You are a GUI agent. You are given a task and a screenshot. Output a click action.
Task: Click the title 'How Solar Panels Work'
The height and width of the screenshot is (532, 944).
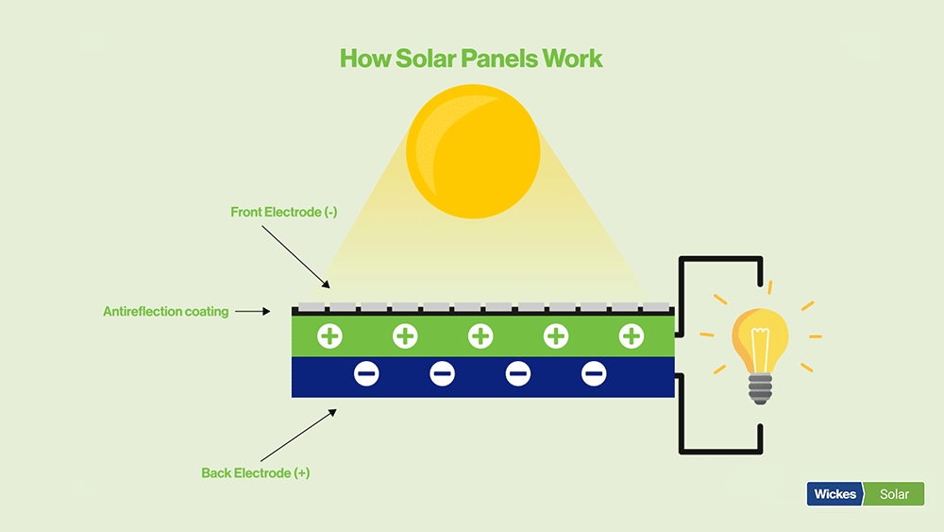(x=471, y=59)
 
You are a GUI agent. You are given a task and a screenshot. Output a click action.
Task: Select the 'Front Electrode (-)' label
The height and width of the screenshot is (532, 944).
(x=284, y=213)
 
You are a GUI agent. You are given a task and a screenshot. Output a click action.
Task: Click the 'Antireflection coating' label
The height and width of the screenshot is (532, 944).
(x=166, y=311)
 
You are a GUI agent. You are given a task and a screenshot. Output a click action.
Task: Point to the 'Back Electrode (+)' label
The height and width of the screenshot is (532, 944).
(x=256, y=472)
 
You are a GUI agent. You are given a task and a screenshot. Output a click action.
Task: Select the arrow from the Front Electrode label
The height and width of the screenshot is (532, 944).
(x=295, y=255)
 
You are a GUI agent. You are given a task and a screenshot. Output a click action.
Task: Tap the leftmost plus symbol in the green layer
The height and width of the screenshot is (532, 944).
(x=329, y=335)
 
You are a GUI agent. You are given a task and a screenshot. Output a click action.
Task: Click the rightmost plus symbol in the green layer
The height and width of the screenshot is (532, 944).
(x=631, y=335)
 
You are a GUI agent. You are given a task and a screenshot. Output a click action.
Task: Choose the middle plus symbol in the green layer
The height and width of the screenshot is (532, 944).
(x=480, y=335)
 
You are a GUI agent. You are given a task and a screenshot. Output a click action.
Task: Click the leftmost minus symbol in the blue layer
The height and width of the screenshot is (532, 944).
(x=366, y=375)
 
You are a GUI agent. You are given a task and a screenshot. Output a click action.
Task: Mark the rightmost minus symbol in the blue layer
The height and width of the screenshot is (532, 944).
(x=594, y=375)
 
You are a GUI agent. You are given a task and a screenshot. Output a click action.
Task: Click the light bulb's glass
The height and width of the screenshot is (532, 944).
(x=761, y=338)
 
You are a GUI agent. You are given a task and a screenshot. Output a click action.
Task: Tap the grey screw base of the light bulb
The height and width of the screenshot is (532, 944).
(x=761, y=387)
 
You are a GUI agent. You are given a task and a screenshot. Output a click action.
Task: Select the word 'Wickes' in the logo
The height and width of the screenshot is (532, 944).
(x=834, y=494)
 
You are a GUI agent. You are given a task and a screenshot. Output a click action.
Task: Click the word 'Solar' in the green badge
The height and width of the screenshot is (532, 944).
(x=894, y=494)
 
